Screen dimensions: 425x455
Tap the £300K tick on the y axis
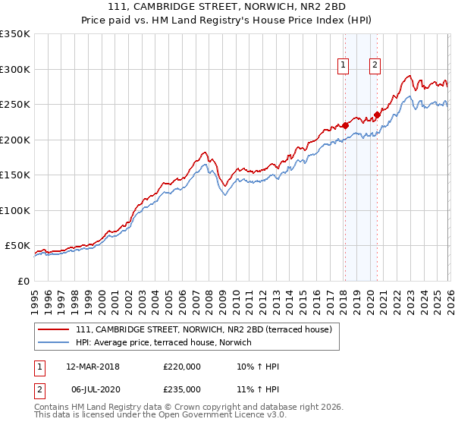(14, 69)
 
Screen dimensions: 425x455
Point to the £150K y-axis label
(14, 175)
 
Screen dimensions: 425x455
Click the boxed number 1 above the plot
(344, 66)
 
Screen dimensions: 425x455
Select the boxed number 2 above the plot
(375, 66)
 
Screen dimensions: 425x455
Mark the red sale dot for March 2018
(345, 125)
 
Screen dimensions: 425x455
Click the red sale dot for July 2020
(376, 115)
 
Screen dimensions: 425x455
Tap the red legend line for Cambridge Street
(55, 330)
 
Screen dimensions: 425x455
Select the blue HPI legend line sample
(55, 343)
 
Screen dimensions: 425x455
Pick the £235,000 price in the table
(182, 389)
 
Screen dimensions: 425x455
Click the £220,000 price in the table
(182, 367)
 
